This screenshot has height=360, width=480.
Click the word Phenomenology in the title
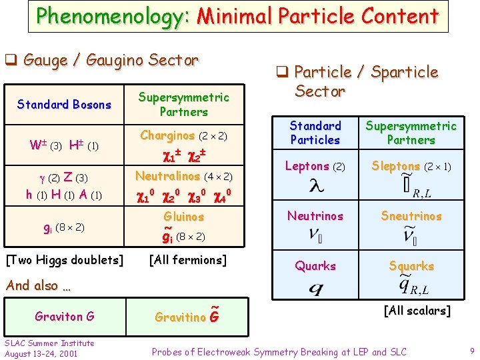(113, 15)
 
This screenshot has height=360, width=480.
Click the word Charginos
(167, 136)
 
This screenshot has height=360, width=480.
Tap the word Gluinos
(184, 217)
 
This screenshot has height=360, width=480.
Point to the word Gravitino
(180, 317)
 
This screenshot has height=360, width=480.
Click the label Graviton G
(65, 316)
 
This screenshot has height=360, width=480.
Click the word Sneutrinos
(411, 216)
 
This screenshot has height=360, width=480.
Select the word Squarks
(411, 266)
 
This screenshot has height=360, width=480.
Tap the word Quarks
(315, 266)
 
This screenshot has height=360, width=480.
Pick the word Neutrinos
(315, 216)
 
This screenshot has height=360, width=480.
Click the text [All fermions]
(187, 260)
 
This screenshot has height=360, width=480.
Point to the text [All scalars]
(417, 311)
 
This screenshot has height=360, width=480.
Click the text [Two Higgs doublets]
(65, 260)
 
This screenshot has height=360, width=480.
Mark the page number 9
(471, 351)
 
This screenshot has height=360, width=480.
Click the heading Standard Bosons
(64, 105)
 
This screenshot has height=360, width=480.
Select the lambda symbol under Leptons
(316, 187)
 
